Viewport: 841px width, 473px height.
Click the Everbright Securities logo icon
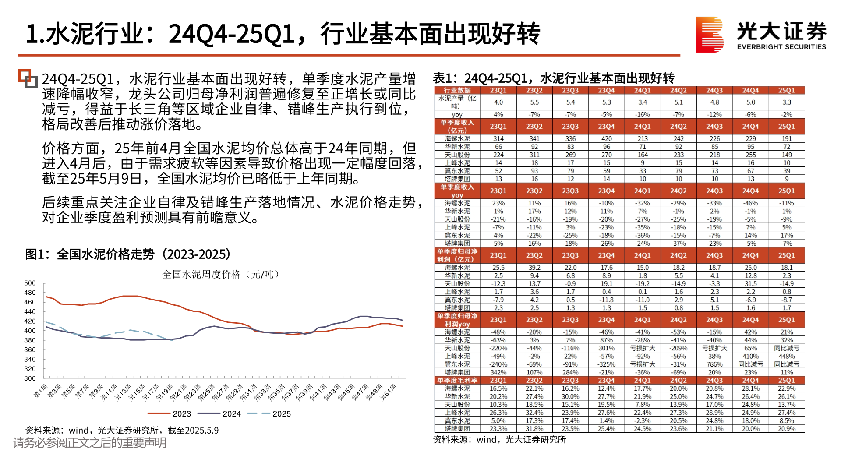click(x=710, y=35)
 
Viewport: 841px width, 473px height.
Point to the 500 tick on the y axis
click(x=30, y=283)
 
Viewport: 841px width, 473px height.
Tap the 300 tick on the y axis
click(x=30, y=378)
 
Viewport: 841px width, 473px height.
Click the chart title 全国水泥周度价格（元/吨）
click(x=221, y=274)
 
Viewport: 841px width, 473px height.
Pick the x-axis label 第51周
click(x=388, y=392)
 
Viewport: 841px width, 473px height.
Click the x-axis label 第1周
click(x=41, y=391)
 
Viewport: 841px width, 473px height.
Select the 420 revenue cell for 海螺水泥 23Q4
click(x=606, y=139)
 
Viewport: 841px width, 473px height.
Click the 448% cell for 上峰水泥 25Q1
click(x=786, y=357)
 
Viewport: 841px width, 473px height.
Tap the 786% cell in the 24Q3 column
click(x=714, y=364)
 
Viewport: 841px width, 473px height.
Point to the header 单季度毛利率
click(x=457, y=380)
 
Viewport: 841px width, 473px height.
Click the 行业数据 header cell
click(x=457, y=90)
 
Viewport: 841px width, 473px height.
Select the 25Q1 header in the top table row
click(x=786, y=90)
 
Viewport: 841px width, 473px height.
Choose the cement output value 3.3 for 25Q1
click(x=786, y=102)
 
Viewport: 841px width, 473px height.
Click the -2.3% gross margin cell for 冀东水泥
click(x=642, y=420)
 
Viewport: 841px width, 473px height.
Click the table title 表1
click(x=554, y=78)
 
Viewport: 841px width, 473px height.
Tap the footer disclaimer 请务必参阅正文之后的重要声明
click(x=90, y=443)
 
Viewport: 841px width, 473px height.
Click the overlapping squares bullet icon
click(x=28, y=79)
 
